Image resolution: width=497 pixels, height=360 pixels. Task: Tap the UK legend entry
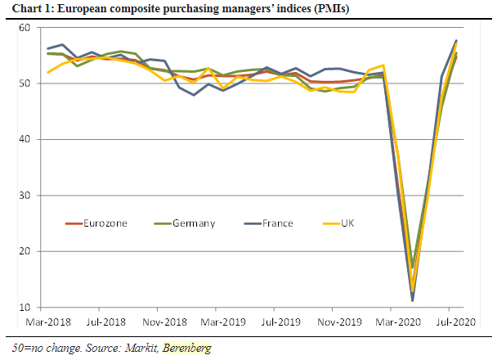click(347, 223)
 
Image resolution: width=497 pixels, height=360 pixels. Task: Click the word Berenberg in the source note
click(186, 349)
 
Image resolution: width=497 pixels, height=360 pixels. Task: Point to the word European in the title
click(81, 9)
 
